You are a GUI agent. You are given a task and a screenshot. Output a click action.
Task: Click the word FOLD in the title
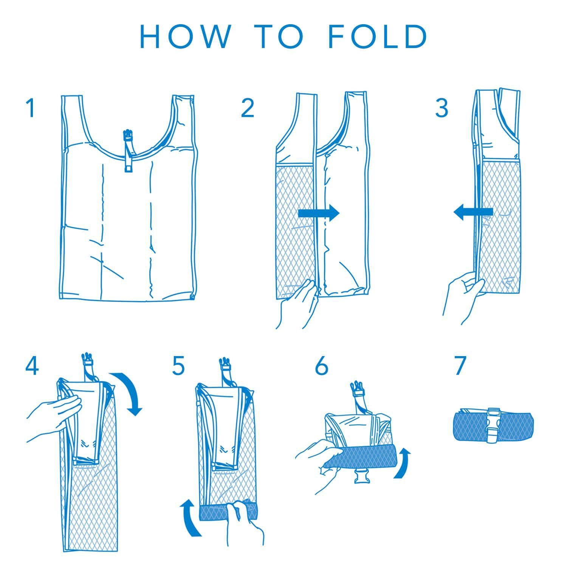tap(378, 37)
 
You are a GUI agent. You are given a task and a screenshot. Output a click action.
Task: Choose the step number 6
tap(322, 366)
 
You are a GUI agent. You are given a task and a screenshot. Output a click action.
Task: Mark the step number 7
tap(460, 366)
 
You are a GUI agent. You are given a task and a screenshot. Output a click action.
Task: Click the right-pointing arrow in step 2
tap(319, 214)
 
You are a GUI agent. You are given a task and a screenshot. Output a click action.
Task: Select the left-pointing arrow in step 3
tap(473, 212)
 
